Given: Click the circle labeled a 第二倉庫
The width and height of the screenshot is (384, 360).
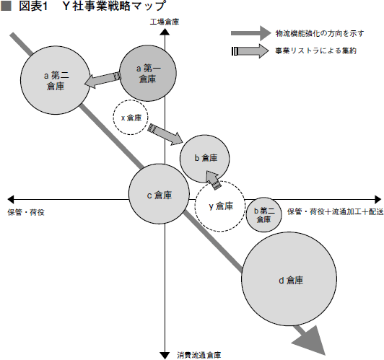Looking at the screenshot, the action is (x=56, y=80).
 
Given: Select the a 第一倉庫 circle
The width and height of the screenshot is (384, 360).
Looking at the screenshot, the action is (x=148, y=73).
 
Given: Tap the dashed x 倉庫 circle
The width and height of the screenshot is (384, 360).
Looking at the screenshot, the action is (x=131, y=117).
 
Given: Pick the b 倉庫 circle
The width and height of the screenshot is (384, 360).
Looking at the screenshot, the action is (x=205, y=159).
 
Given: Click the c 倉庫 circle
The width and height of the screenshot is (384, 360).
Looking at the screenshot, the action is (x=159, y=194).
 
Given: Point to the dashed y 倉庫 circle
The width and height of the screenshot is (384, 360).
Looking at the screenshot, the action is (x=220, y=206).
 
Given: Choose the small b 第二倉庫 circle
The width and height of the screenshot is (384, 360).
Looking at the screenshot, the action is (x=263, y=215).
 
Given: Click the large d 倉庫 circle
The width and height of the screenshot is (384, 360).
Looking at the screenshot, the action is (x=289, y=278).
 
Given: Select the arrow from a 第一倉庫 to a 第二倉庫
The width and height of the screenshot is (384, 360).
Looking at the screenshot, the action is (x=102, y=79).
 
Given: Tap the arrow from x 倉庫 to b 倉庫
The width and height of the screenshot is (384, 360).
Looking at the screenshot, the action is (x=165, y=135).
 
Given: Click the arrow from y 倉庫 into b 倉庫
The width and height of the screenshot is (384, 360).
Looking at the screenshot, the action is (x=213, y=180).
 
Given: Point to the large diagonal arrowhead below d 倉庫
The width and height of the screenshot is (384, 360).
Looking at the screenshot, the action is (x=311, y=341).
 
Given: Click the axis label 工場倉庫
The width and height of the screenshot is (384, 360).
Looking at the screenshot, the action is (x=165, y=22).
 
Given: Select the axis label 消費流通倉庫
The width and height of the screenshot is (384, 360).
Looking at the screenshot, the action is (x=199, y=355).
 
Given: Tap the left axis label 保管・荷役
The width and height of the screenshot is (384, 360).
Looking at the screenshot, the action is (x=26, y=212).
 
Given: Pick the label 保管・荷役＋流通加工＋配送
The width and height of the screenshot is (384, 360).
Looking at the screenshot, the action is (x=335, y=211).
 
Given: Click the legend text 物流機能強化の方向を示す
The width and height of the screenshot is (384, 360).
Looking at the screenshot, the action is (x=320, y=33).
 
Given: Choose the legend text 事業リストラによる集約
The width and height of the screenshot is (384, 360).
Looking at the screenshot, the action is (x=315, y=51).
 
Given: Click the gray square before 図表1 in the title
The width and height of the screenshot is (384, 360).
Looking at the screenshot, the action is (x=6, y=6).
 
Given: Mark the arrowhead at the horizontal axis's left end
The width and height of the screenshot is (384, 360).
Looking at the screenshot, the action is (x=11, y=199).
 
